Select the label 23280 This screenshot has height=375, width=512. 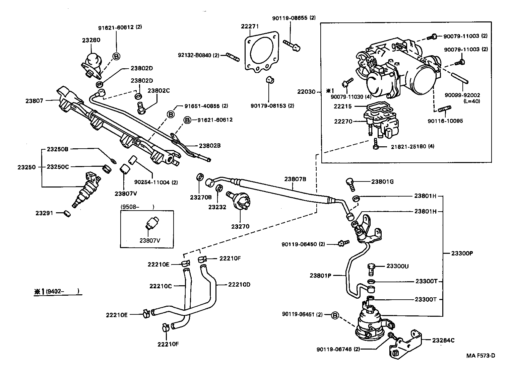coord(91,40)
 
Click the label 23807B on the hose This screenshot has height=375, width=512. coord(295,179)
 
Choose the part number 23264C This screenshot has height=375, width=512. coord(443,341)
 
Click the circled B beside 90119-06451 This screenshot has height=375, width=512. coord(335,315)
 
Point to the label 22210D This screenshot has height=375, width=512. coord(239,285)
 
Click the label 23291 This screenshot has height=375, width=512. coord(44,213)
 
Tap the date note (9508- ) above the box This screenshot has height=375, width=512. coord(137,207)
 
